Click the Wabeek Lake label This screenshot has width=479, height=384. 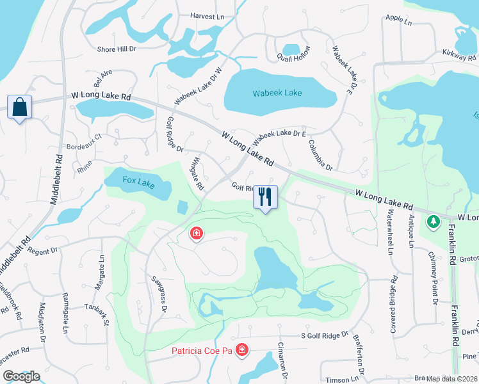coord(277,93)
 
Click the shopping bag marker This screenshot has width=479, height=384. coord(19,108)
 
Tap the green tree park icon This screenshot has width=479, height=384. coord(434,221)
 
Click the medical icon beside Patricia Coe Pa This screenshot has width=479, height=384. coord(242,349)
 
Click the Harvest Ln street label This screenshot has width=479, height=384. coord(207,15)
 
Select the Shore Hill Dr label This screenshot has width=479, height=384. coord(116,49)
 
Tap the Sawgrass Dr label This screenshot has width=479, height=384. coord(159,295)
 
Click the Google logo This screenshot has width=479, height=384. coord(20,376)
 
